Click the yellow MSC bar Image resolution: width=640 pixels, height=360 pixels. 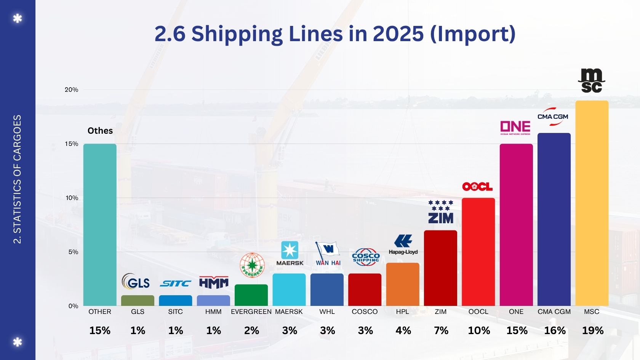592,203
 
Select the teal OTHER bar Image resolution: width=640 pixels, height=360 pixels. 100,225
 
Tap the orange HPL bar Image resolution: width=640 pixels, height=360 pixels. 403,284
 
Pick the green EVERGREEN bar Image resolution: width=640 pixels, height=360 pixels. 251,295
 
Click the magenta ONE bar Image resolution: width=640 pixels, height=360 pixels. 516,225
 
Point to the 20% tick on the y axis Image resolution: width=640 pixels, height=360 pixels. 72,90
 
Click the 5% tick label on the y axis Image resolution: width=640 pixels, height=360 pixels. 73,252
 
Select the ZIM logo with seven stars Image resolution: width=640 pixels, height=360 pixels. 440,212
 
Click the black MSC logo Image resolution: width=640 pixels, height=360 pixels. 591,81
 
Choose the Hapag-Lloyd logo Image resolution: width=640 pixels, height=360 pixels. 403,245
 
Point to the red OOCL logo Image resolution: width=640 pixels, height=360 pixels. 477,187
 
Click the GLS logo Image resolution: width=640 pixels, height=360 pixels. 136,282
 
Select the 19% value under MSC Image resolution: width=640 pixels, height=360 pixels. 593,331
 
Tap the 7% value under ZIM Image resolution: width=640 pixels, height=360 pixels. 441,331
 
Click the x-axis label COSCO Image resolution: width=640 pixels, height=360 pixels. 365,312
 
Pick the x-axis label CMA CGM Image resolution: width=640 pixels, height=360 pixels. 554,312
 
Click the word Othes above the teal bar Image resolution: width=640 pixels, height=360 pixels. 100,131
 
